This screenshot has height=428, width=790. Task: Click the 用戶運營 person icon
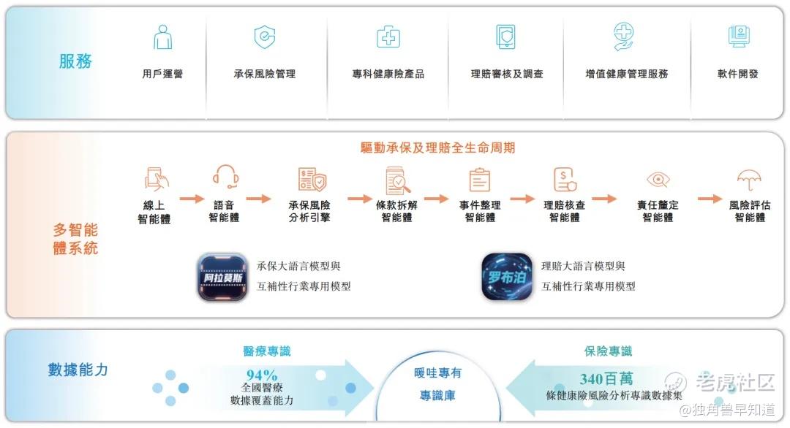pyautogui.click(x=162, y=37)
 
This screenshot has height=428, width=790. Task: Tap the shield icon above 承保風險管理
pyautogui.click(x=264, y=37)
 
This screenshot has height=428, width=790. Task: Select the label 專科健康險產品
pyautogui.click(x=388, y=74)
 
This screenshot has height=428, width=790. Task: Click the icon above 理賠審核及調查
pyautogui.click(x=505, y=37)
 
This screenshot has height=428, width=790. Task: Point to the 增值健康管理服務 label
pyautogui.click(x=627, y=74)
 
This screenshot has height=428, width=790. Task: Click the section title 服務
pyautogui.click(x=75, y=61)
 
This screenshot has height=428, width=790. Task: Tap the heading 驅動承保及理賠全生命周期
pyautogui.click(x=437, y=148)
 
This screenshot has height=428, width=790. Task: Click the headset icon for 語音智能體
pyautogui.click(x=226, y=177)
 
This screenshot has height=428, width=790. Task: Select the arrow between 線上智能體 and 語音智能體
pyautogui.click(x=192, y=198)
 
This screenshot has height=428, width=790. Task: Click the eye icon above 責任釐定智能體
pyautogui.click(x=658, y=180)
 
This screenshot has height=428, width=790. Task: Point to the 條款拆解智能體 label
pyautogui.click(x=396, y=211)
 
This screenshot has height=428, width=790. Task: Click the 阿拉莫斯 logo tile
pyautogui.click(x=222, y=277)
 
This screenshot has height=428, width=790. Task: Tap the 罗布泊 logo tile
pyautogui.click(x=506, y=277)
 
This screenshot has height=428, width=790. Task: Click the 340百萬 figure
pyautogui.click(x=606, y=378)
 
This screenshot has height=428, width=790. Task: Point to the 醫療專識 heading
pyautogui.click(x=266, y=351)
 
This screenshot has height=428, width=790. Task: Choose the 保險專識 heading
pyautogui.click(x=608, y=351)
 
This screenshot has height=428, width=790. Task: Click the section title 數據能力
pyautogui.click(x=78, y=370)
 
